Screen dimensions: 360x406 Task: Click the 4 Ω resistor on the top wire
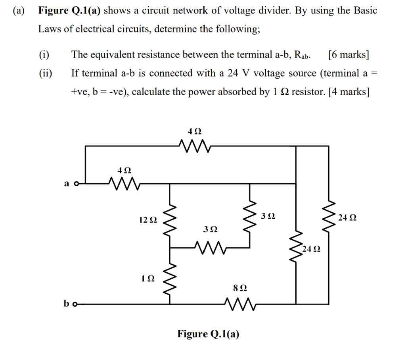pos(195,146)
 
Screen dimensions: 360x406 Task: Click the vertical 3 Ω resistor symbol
pos(250,217)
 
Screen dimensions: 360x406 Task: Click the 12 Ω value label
pos(148,219)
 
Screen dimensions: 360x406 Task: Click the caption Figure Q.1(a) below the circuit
pos(208,334)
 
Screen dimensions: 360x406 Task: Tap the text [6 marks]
pos(349,54)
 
